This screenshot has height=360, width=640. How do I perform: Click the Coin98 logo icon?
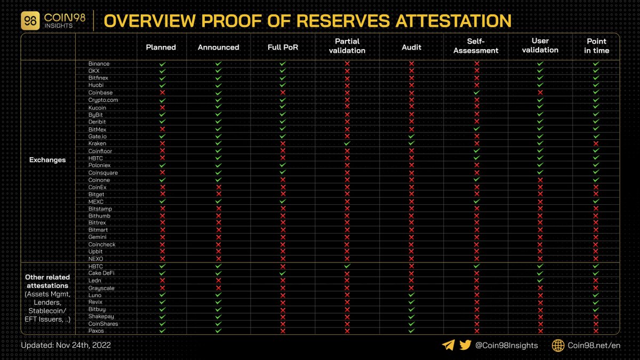pos(30,21)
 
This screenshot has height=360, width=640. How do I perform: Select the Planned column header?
pos(161,47)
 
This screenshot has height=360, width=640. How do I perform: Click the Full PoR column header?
pos(283,47)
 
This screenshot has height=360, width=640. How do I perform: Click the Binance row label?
pos(99,64)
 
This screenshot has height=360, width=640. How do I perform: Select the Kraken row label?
pos(98,143)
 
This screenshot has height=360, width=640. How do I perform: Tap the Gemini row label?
pos(98,237)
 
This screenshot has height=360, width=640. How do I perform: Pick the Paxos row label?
pos(97,331)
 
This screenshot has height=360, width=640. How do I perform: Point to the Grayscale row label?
pos(101,288)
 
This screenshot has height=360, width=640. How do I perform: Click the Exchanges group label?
pos(47,160)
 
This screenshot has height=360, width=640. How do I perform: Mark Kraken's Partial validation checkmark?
pos(347,143)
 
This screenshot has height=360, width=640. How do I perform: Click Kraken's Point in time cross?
pos(596,143)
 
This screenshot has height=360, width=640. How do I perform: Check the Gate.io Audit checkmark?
pos(411,137)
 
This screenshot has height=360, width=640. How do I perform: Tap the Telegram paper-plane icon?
pos(449,345)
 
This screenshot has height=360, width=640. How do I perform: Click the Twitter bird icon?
pos(465,345)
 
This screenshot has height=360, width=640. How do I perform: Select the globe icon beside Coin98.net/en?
pos(558,345)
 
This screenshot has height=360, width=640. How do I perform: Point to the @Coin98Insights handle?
pos(507,345)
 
